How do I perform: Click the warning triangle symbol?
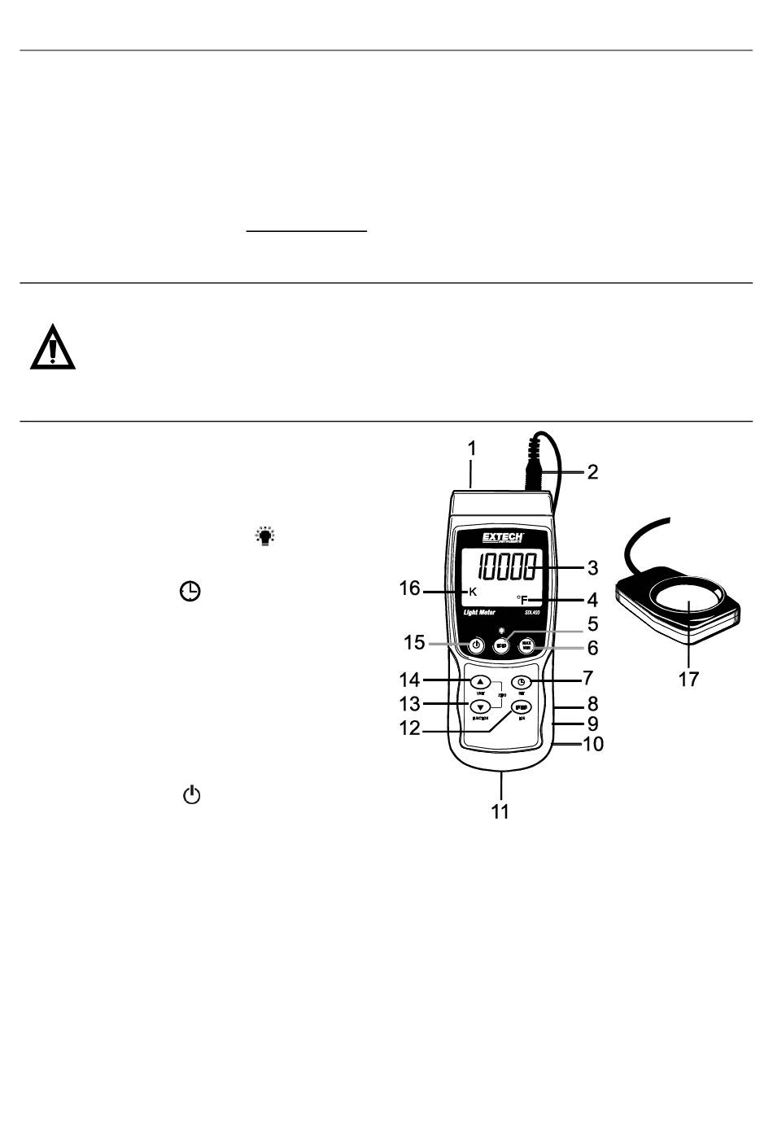pos(53,348)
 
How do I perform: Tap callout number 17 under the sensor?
pos(688,679)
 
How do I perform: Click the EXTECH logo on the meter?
pos(502,539)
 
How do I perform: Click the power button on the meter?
pos(477,646)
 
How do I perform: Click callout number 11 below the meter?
pos(500,811)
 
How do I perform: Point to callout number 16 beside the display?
pos(409,588)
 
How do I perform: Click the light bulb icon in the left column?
pos(265,536)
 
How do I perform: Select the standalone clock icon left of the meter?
pos(190,592)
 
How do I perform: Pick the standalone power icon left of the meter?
pos(191,795)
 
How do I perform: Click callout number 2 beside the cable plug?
pos(593,471)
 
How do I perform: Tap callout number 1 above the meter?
pos(471,448)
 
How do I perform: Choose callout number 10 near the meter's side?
pos(593,743)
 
